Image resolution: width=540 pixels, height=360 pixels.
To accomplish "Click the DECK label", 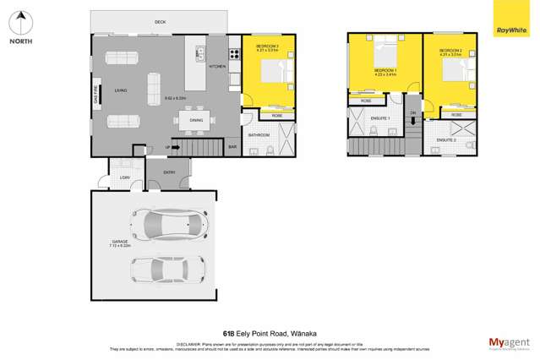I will [161, 22].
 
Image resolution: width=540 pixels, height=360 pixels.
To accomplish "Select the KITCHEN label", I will [217, 66].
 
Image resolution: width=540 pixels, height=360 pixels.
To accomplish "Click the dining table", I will [196, 120].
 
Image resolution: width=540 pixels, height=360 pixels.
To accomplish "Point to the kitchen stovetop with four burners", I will [200, 53].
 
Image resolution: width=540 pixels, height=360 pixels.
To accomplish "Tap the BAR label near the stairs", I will [232, 147].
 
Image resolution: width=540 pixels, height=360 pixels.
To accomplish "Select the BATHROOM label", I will [258, 134].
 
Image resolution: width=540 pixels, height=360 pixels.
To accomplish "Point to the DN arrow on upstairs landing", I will [412, 119].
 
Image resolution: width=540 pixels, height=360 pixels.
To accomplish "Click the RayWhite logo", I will [507, 30].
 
